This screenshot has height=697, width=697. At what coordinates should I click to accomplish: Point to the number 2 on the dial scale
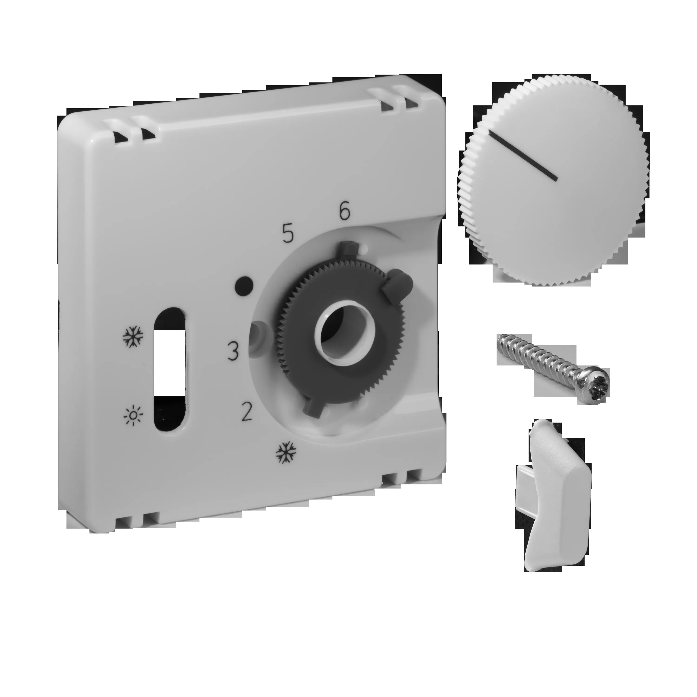click(247, 412)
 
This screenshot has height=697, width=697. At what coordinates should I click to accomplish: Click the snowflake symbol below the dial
click(286, 452)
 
